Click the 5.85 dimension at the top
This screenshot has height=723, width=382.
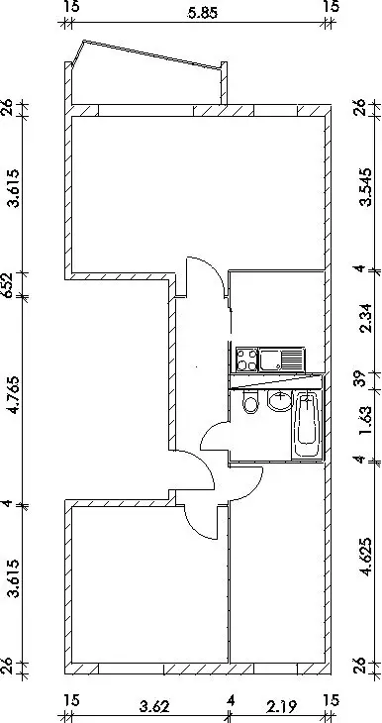(201, 14)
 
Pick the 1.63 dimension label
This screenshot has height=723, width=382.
(366, 419)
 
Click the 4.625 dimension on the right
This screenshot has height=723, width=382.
(367, 557)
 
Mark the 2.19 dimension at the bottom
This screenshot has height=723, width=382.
(282, 706)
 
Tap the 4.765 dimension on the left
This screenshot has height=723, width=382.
(16, 395)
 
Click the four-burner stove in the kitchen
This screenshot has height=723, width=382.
(246, 360)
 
